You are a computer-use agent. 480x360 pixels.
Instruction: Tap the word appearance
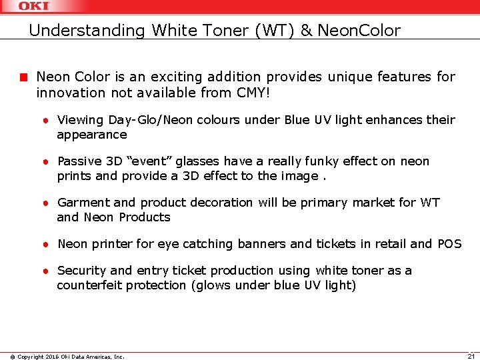91,135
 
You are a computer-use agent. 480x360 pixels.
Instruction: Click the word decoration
214,203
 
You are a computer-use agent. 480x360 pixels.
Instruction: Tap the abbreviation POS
449,244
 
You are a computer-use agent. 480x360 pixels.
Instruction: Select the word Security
82,271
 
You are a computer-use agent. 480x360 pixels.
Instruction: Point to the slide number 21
470,355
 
